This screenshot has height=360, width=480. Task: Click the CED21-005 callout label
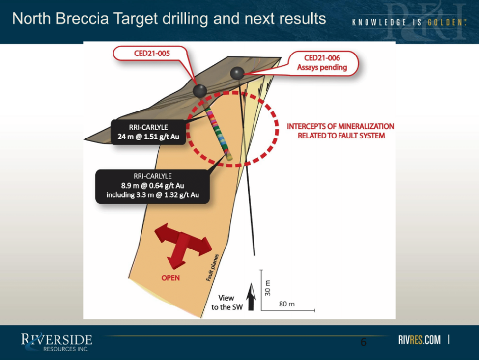point(152,53)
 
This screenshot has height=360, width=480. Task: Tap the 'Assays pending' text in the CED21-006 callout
point(322,67)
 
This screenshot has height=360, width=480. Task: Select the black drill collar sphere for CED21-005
point(200,91)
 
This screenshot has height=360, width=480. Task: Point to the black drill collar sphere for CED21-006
point(237,74)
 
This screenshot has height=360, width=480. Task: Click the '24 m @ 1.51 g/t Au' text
point(148,137)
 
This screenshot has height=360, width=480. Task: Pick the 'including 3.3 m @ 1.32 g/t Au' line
point(153,195)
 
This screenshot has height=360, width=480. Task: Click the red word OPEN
point(170,278)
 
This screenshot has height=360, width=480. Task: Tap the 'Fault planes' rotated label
point(212,268)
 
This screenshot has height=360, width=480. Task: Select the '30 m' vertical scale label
point(268,288)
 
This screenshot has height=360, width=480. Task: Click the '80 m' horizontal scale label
point(287,304)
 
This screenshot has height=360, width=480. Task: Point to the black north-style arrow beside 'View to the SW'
point(251,297)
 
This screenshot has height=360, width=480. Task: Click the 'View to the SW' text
point(227,303)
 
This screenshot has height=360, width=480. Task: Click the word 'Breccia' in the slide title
point(82,19)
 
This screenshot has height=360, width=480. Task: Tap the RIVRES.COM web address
point(420,340)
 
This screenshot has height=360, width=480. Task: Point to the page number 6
point(364,342)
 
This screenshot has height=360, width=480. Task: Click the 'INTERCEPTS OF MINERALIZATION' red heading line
point(340,126)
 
